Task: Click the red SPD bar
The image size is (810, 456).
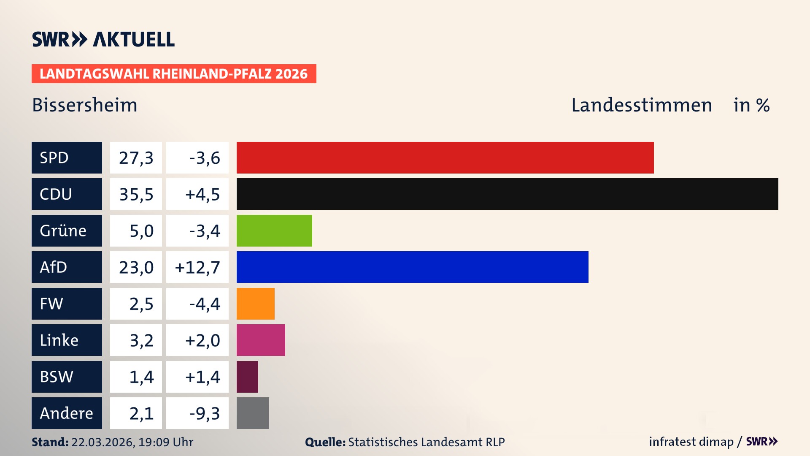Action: [445, 157]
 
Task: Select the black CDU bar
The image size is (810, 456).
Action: [507, 194]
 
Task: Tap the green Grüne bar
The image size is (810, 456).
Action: [274, 231]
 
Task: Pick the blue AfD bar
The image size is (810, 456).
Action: [412, 267]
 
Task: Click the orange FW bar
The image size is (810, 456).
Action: [255, 304]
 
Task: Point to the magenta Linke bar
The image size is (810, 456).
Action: [261, 340]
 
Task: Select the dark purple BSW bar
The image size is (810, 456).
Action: [247, 377]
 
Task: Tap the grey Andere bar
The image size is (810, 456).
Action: [253, 413]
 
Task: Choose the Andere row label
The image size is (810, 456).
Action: [67, 413]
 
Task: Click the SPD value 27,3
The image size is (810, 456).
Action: [136, 157]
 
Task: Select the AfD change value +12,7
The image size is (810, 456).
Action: [197, 267]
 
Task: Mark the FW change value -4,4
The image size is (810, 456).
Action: [204, 304]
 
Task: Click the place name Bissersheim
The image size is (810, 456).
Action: [85, 105]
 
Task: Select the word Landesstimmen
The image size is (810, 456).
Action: [641, 105]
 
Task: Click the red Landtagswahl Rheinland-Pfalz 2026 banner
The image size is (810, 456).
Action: [174, 73]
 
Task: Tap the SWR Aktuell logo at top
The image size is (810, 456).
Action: [103, 39]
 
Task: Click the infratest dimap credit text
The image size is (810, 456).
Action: [691, 442]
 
